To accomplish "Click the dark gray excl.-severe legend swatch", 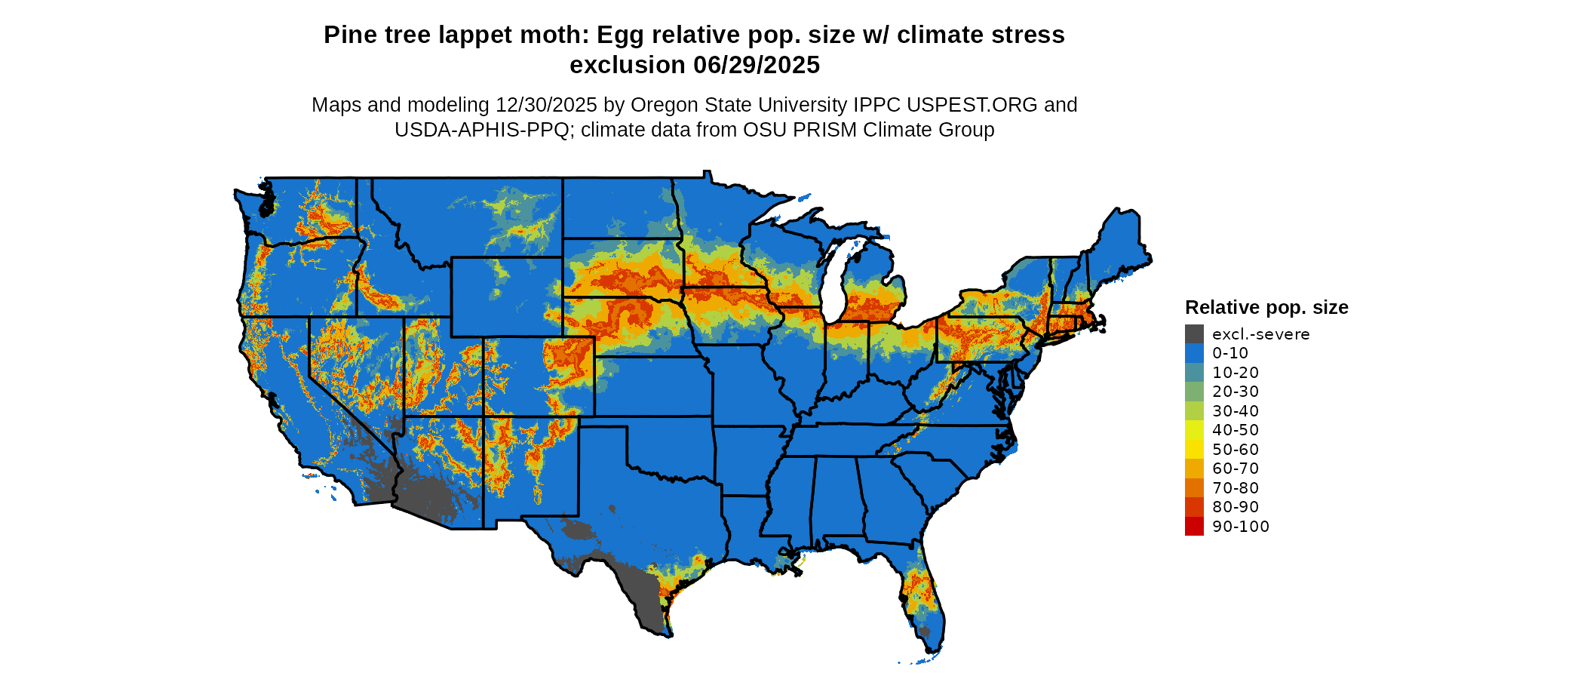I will coord(1194,334).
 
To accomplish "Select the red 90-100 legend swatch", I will coord(1194,527).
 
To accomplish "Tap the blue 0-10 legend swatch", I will coord(1194,353).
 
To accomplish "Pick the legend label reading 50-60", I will coord(1236,450).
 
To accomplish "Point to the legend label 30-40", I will coord(1236,411).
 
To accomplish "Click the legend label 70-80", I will coord(1236,488).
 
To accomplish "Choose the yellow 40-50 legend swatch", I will coord(1194,430).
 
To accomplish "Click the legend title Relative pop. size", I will coord(1266,308).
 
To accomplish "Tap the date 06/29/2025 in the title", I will coord(757,66).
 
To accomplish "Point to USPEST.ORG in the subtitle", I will coord(974,105).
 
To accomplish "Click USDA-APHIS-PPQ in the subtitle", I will coord(481,131).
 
